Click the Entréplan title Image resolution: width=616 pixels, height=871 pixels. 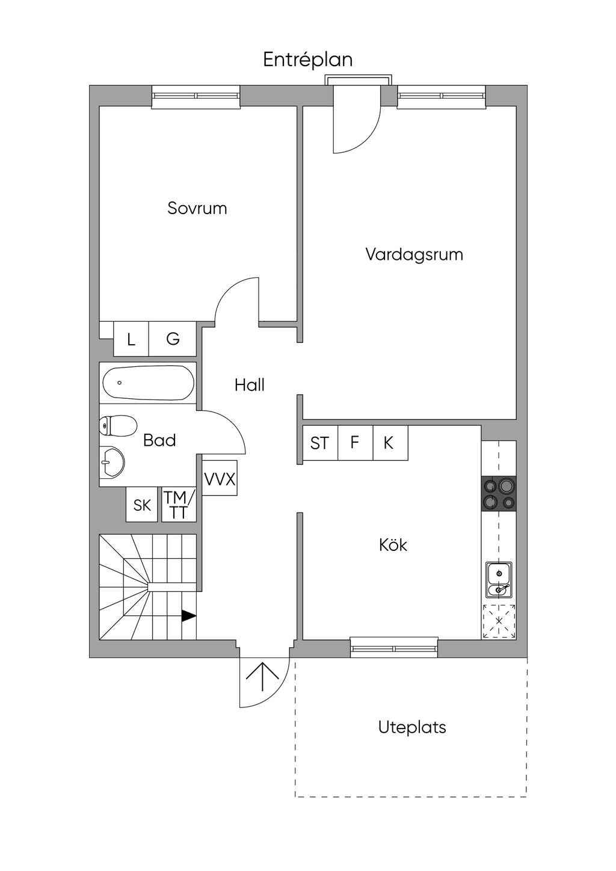tap(307, 60)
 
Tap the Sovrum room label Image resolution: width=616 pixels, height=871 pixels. tap(197, 208)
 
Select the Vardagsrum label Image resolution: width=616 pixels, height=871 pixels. tap(414, 254)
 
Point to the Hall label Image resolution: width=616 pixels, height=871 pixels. tap(249, 385)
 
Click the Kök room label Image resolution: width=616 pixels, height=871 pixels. tap(393, 545)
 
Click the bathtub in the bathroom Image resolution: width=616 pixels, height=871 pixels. tap(148, 383)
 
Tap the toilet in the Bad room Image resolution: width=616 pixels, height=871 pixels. tap(118, 425)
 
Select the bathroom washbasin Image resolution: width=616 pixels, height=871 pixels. tap(112, 462)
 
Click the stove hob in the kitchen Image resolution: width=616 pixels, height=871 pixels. tap(499, 493)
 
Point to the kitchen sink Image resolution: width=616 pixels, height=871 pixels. tap(499, 579)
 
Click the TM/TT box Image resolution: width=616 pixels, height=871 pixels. tap(179, 505)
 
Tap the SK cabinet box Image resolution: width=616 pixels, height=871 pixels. tap(142, 505)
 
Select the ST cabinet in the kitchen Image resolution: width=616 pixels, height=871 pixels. tap(320, 443)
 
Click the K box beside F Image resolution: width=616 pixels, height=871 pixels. tap(390, 443)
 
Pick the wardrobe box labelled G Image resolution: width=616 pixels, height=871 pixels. tap(173, 339)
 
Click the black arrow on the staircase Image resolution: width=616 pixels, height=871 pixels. tap(189, 615)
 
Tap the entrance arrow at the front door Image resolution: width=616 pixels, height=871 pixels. tap(263, 677)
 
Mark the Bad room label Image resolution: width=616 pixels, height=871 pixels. tap(159, 440)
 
